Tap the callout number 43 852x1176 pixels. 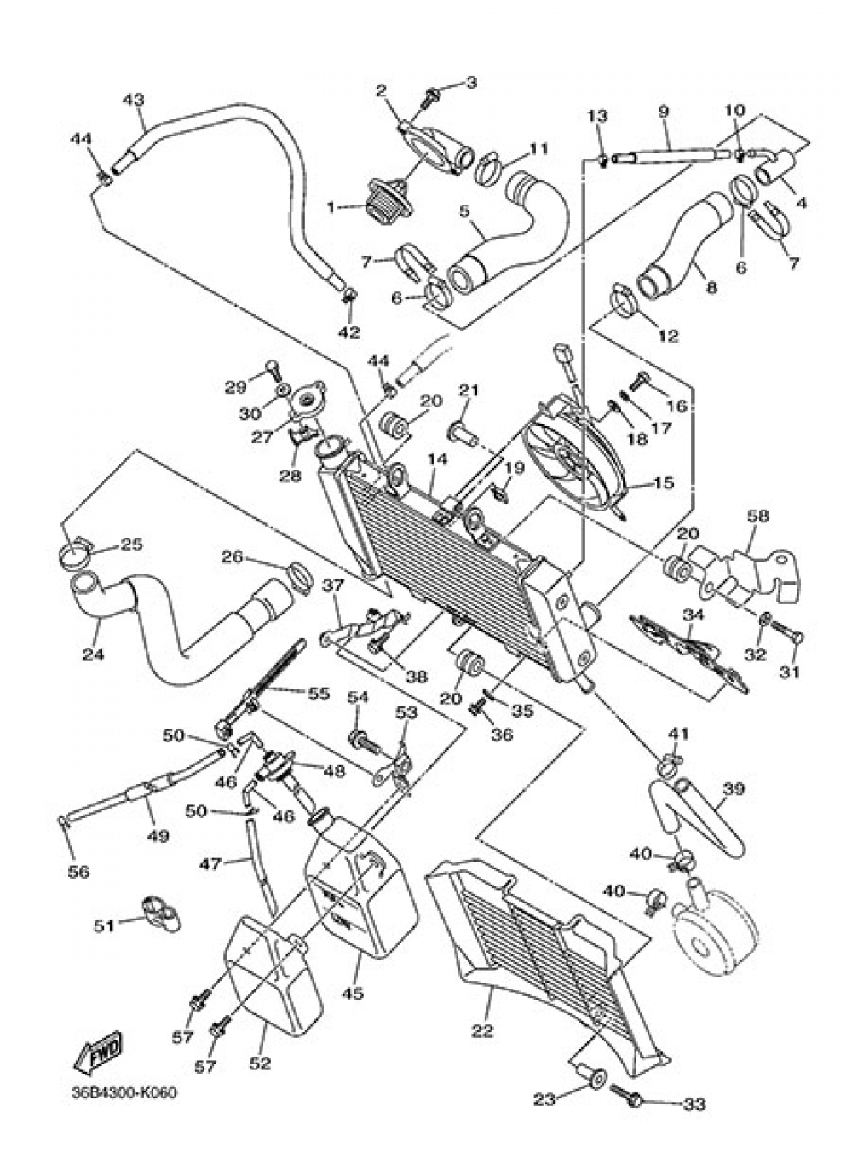(x=133, y=100)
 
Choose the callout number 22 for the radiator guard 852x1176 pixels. (x=482, y=1031)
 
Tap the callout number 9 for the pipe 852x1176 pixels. (x=663, y=111)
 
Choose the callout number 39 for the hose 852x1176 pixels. (x=734, y=789)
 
